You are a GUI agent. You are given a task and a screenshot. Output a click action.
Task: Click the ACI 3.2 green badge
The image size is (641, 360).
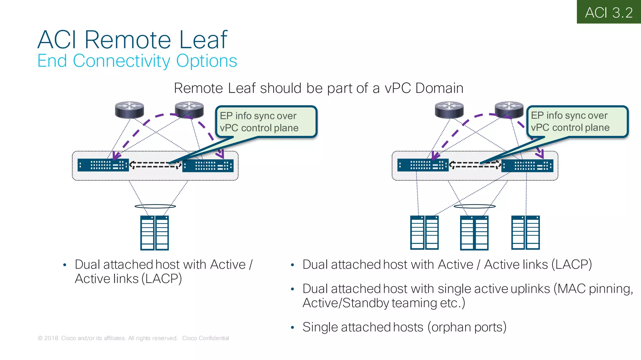[x=608, y=12]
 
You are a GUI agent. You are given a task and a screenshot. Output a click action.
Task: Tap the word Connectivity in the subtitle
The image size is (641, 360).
[x=121, y=61]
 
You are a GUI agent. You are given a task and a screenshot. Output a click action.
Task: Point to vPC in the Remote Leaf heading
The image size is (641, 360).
[x=397, y=88]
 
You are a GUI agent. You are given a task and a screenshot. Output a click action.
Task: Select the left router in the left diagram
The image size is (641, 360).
[x=129, y=110]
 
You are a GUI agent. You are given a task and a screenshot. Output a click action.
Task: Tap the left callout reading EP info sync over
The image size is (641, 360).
[x=266, y=122]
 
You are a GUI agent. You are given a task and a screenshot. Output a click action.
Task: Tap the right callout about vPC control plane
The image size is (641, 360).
[x=577, y=122]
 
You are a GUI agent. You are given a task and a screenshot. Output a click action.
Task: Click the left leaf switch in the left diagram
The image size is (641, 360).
[x=103, y=165]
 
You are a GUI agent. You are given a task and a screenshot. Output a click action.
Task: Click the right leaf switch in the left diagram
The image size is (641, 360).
[x=208, y=165]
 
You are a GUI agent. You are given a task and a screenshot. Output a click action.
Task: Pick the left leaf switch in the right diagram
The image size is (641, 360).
[x=423, y=165]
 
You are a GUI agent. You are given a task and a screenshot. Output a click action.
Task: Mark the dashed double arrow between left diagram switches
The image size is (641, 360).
[x=155, y=165]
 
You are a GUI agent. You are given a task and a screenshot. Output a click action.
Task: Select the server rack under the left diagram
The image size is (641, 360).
[x=154, y=233]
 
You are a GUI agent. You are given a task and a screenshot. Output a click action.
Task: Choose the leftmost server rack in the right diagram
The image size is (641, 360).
[x=424, y=233]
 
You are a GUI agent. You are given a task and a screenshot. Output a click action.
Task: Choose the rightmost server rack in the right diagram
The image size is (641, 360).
[x=525, y=233]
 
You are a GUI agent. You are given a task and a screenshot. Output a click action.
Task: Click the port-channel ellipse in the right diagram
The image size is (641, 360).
[x=474, y=206]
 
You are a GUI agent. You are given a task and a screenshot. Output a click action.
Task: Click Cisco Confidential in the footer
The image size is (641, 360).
[x=206, y=338]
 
